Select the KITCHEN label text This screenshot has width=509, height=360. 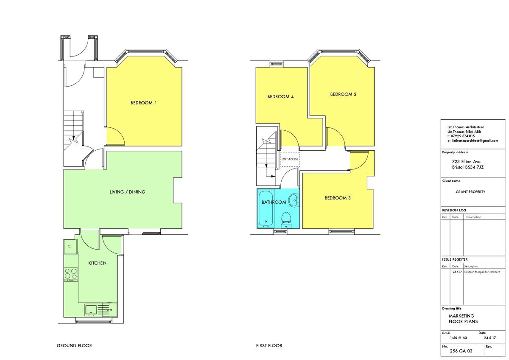click(97, 263)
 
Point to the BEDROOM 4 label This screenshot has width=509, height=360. click(280, 97)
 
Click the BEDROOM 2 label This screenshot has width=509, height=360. click(343, 94)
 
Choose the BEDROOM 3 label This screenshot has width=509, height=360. click(338, 198)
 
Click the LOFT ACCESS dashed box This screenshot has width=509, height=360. click(290, 159)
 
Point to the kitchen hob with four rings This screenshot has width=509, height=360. click(71, 274)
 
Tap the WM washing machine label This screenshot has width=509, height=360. click(109, 310)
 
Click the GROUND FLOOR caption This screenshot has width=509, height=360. click(74, 346)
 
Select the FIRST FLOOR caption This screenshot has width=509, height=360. click(269, 346)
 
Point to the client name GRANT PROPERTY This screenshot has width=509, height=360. click(470, 192)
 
